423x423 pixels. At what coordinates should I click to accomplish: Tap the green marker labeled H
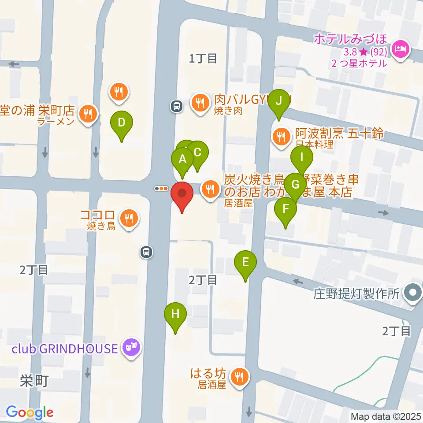click(x=175, y=315)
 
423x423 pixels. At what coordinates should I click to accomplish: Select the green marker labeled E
click(x=246, y=263)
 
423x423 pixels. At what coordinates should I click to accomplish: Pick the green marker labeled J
click(x=278, y=101)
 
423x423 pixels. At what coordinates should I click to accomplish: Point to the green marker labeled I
click(x=302, y=157)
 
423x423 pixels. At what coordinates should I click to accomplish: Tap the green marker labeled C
click(x=197, y=152)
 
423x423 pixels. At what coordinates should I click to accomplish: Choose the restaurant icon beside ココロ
click(x=129, y=218)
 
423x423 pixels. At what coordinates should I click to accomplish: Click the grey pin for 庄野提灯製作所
click(x=413, y=293)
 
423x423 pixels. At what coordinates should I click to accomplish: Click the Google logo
click(x=30, y=412)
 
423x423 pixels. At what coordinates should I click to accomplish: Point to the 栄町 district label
click(x=33, y=382)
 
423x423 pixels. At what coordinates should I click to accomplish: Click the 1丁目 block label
click(x=203, y=58)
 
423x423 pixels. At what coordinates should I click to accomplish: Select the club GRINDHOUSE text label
click(x=64, y=349)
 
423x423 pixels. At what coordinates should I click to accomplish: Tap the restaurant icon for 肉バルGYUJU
click(x=200, y=103)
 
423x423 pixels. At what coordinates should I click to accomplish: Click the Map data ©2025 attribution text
click(x=385, y=416)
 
